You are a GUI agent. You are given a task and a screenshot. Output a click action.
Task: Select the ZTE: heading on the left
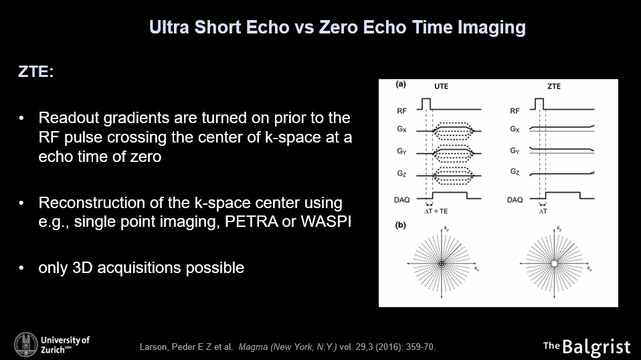tap(35, 72)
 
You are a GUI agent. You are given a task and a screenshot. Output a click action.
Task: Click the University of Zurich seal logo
tap(25, 344)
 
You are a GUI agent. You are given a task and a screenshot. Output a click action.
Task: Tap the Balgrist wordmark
tap(596, 347)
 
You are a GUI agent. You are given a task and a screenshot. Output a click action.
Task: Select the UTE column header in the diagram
tap(441, 86)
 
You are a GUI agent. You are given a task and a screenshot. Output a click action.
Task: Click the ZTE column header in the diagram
tap(554, 86)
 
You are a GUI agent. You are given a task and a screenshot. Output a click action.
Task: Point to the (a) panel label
tap(401, 84)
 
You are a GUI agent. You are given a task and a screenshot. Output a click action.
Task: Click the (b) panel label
tap(401, 225)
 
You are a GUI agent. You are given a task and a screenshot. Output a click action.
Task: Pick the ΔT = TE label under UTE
tap(436, 211)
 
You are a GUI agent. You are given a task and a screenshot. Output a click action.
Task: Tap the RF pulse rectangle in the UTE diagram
tap(426, 104)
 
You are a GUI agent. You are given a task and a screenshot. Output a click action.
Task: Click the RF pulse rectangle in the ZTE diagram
tap(539, 104)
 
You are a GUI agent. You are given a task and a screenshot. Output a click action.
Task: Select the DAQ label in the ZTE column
tap(515, 200)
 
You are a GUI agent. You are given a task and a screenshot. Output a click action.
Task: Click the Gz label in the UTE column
tap(401, 174)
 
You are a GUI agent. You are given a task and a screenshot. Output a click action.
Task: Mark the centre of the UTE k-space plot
tap(442, 264)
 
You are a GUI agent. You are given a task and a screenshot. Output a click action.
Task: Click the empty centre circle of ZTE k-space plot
tap(554, 264)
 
